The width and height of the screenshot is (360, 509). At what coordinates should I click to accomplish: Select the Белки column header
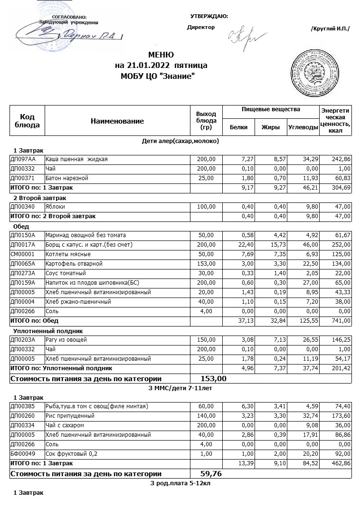tap(238, 127)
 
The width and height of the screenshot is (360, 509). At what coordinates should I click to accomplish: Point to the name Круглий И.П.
tap(330, 29)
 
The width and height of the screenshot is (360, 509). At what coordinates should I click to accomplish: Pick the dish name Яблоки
tap(56, 207)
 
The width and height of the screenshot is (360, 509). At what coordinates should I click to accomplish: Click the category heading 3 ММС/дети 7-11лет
tap(180, 388)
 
